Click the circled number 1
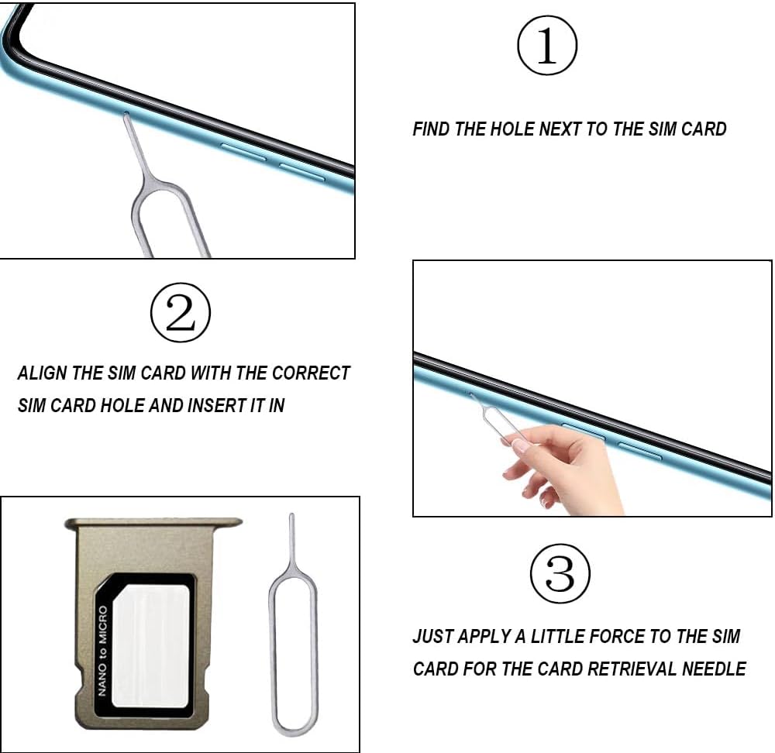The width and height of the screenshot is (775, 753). click(546, 45)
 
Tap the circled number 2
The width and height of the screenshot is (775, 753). click(181, 312)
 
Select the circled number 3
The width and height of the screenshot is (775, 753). click(560, 573)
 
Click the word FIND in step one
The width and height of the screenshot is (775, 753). click(431, 129)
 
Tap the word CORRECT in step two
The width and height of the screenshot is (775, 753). click(311, 373)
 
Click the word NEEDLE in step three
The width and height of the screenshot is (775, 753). click(715, 669)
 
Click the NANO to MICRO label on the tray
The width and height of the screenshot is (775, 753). click(102, 651)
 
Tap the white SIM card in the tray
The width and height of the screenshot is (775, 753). click(150, 645)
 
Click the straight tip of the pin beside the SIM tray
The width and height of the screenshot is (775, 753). click(291, 515)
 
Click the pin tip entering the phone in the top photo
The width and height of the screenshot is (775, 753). click(126, 115)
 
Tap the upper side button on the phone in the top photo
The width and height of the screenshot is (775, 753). click(243, 152)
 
